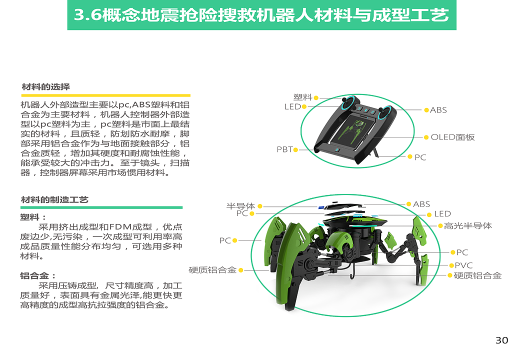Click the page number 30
[x=501, y=340]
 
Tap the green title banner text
[x=261, y=15]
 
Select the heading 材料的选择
[x=45, y=87]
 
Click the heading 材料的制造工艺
[x=54, y=199]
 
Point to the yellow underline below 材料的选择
[x=105, y=95]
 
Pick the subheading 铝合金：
[x=38, y=275]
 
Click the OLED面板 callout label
[x=452, y=137]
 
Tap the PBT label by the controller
[x=284, y=149]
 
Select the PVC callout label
[x=463, y=265]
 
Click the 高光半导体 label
[x=467, y=226]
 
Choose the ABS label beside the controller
[x=438, y=110]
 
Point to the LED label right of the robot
[x=442, y=214]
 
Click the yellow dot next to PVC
[x=450, y=265]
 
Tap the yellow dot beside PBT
[x=296, y=149]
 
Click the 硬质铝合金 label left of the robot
[x=212, y=270]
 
